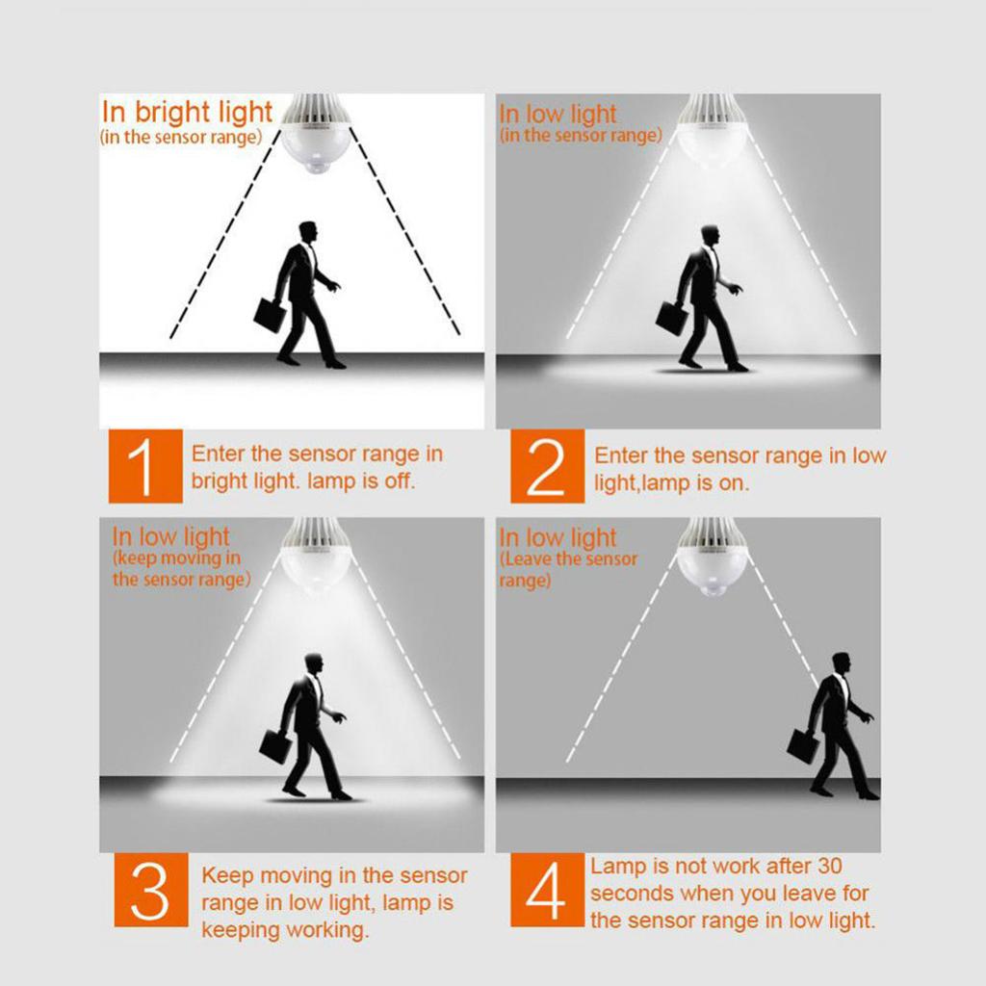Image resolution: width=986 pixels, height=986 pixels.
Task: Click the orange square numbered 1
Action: pyautogui.click(x=145, y=466)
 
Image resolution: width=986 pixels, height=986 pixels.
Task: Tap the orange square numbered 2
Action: pyautogui.click(x=547, y=466)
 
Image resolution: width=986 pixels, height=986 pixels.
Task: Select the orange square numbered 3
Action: pyautogui.click(x=151, y=889)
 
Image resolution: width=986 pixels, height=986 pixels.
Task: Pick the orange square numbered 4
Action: pyautogui.click(x=547, y=889)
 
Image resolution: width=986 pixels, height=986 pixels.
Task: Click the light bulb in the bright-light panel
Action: pyautogui.click(x=316, y=135)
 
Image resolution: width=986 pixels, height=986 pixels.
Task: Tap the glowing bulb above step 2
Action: pyautogui.click(x=711, y=132)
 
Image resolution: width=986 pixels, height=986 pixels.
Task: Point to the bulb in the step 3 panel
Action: pyautogui.click(x=316, y=557)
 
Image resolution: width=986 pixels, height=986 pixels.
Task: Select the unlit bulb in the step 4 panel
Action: pyautogui.click(x=711, y=558)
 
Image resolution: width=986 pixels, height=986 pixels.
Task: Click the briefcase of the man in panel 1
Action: pyautogui.click(x=270, y=315)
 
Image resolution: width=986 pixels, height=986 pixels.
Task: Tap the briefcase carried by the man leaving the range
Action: pyautogui.click(x=803, y=746)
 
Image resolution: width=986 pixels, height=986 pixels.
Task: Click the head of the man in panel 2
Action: pyautogui.click(x=710, y=237)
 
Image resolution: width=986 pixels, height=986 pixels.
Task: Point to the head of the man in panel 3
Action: pyautogui.click(x=313, y=665)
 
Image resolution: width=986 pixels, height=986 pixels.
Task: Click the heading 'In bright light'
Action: pyautogui.click(x=187, y=112)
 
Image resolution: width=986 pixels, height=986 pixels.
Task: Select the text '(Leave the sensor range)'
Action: pyautogui.click(x=568, y=569)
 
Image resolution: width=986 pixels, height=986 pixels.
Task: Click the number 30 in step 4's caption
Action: pyautogui.click(x=829, y=866)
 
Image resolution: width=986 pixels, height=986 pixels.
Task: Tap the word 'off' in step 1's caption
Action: pyautogui.click(x=400, y=481)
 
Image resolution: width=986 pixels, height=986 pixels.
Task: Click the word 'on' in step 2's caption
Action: pyautogui.click(x=735, y=483)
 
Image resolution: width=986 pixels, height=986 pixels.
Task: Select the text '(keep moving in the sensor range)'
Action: pyautogui.click(x=181, y=568)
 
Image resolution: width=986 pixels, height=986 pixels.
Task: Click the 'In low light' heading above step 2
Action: pyautogui.click(x=558, y=114)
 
